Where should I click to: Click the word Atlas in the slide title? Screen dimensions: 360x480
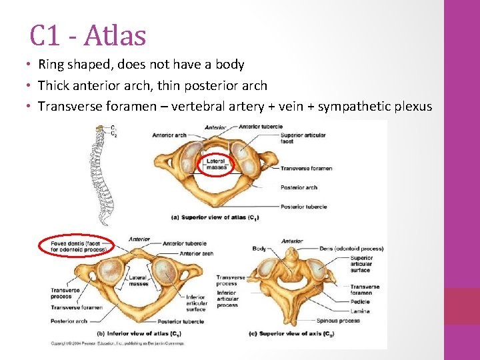click(x=115, y=35)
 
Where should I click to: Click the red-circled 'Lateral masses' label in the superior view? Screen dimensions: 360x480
click(x=216, y=164)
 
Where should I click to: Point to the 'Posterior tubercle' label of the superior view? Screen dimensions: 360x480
click(x=303, y=207)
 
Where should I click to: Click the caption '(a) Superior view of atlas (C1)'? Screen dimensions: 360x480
click(x=215, y=218)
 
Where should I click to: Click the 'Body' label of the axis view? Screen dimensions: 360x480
click(x=259, y=249)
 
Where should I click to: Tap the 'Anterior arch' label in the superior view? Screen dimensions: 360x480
click(x=169, y=135)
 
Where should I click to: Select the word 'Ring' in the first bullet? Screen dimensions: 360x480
click(x=51, y=65)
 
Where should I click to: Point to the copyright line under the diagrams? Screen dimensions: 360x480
click(x=117, y=343)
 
